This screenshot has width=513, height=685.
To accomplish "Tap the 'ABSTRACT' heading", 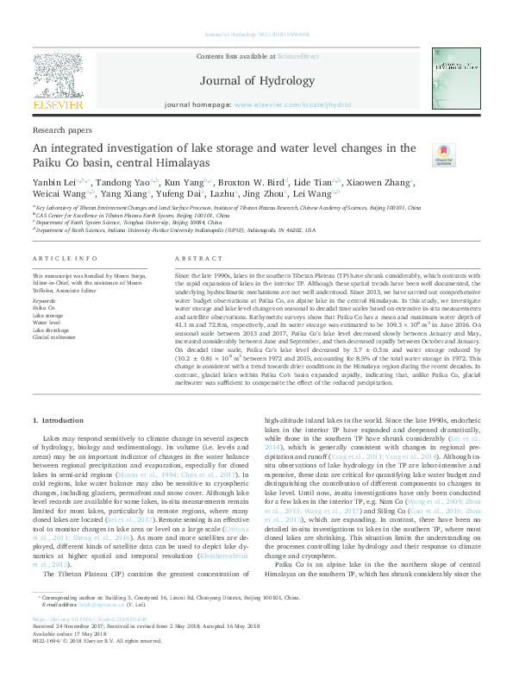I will pyautogui.click(x=199, y=259).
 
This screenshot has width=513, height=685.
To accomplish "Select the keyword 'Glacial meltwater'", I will pyautogui.click(x=54, y=337).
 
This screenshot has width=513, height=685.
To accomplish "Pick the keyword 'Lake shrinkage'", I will pyautogui.click(x=52, y=330).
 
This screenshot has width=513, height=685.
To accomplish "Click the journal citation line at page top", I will pyautogui.click(x=256, y=35).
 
